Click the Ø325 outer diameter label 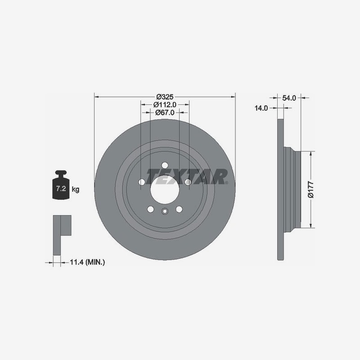tap(165, 97)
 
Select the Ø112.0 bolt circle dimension tap(165, 105)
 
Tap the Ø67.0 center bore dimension tap(165, 112)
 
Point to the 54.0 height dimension tap(289, 98)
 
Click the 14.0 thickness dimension tap(261, 108)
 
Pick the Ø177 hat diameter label tap(310, 189)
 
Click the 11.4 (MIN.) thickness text tap(87, 262)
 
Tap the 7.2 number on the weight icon tap(61, 189)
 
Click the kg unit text tap(76, 189)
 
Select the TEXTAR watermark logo tap(186, 177)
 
